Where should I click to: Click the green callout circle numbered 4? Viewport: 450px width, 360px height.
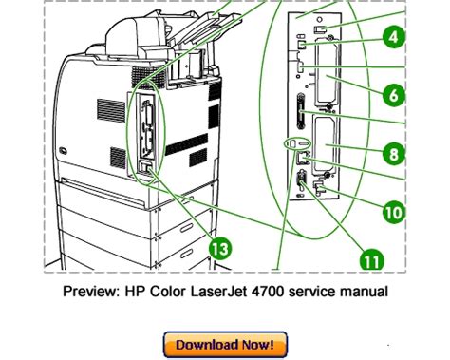pyautogui.click(x=394, y=37)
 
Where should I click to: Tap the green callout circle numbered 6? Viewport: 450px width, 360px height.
pyautogui.click(x=394, y=95)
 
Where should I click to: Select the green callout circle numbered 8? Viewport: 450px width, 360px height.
pyautogui.click(x=394, y=154)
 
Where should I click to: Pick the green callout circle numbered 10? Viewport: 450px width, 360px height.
pyautogui.click(x=394, y=212)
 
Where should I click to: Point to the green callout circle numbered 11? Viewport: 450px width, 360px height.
pyautogui.click(x=372, y=260)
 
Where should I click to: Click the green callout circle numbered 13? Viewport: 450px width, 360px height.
pyautogui.click(x=220, y=248)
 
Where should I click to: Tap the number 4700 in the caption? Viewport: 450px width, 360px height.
pyautogui.click(x=267, y=291)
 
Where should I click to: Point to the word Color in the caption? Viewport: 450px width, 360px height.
pyautogui.click(x=167, y=291)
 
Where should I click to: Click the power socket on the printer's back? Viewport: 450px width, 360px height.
pyautogui.click(x=145, y=167)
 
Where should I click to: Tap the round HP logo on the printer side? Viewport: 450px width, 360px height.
pyautogui.click(x=63, y=150)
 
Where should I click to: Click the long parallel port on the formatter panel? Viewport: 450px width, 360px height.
pyautogui.click(x=300, y=111)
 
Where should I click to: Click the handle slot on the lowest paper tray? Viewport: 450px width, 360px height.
pyautogui.click(x=186, y=254)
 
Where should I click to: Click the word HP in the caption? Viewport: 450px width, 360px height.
pyautogui.click(x=135, y=291)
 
